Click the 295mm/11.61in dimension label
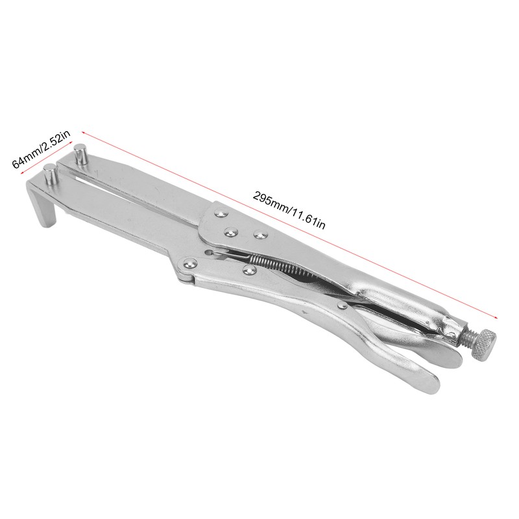[289, 210]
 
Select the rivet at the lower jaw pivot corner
[190, 263]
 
